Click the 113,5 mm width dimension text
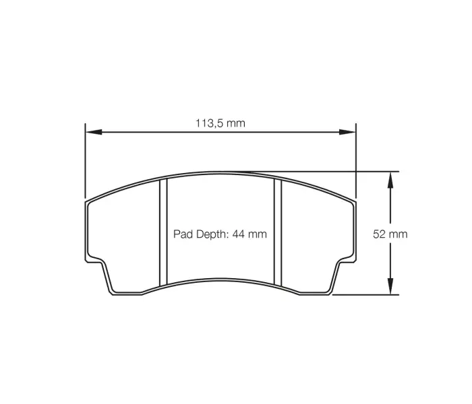(x=220, y=123)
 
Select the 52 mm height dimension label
(x=390, y=234)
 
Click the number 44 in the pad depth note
(x=240, y=234)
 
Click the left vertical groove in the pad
(x=162, y=232)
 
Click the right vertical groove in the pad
(x=277, y=232)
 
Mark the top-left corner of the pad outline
(x=88, y=202)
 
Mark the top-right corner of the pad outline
(x=353, y=202)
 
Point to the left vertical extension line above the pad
(x=85, y=162)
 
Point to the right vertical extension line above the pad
(x=355, y=162)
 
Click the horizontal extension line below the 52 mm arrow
(x=367, y=294)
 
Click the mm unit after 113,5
(x=235, y=123)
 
